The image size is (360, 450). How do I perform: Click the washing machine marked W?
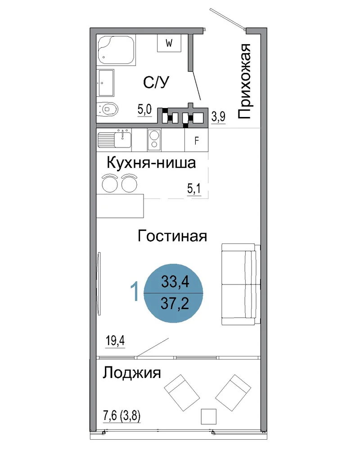pos(169,43)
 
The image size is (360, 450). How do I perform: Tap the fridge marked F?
pos(196,140)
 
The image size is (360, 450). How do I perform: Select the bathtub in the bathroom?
pos(116,51)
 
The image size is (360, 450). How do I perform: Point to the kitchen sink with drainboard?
pos(114,139)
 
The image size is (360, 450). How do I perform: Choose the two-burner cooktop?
pos(154,140)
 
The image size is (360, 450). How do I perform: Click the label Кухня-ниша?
pos(151,163)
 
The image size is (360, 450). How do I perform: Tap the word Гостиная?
pos(172,236)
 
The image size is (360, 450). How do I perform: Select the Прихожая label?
pos(245,81)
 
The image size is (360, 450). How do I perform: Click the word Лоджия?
pos(132,373)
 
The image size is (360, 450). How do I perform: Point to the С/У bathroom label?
pos(156,83)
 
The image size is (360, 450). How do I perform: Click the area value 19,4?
pos(115,341)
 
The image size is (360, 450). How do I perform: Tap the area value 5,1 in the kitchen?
pos(194,189)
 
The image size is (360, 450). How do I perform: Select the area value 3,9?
pos(218,117)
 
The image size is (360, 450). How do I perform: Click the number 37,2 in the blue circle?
pos(175,303)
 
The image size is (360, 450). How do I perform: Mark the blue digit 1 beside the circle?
pos(135,291)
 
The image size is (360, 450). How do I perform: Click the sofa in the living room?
pos(241,284)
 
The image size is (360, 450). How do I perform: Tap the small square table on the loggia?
pos(208,416)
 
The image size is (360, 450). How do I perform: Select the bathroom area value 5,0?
pos(144,109)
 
